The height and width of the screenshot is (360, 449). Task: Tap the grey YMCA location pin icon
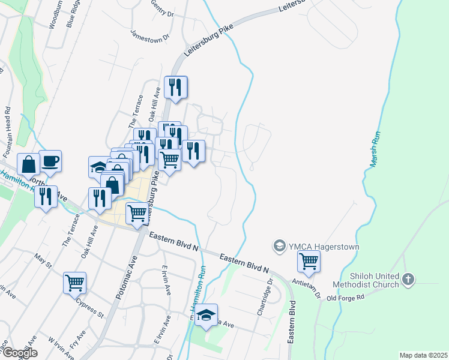tap(279, 246)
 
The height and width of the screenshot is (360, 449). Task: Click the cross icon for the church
tap(408, 279)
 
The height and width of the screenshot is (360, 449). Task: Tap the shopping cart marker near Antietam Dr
tap(309, 261)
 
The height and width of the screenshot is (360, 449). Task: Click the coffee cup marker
tap(50, 161)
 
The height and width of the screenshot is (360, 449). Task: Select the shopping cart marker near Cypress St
tap(74, 282)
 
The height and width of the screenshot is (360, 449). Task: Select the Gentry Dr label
tap(162, 9)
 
